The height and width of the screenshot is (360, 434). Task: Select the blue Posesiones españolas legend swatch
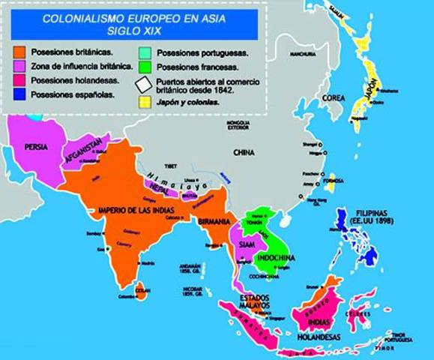(20, 95)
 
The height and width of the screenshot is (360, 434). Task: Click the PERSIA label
(37, 147)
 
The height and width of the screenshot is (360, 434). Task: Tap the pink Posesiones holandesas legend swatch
(20, 81)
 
